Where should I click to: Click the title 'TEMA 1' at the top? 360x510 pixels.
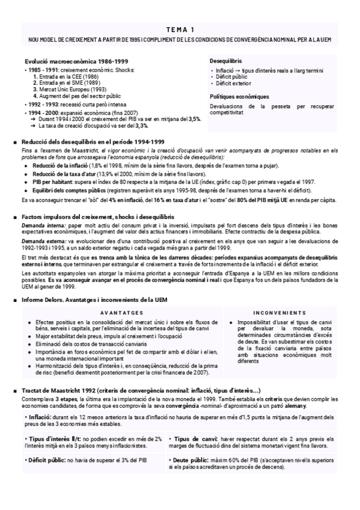coord(180,29)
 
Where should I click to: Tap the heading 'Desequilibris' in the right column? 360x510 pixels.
coord(226,61)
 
